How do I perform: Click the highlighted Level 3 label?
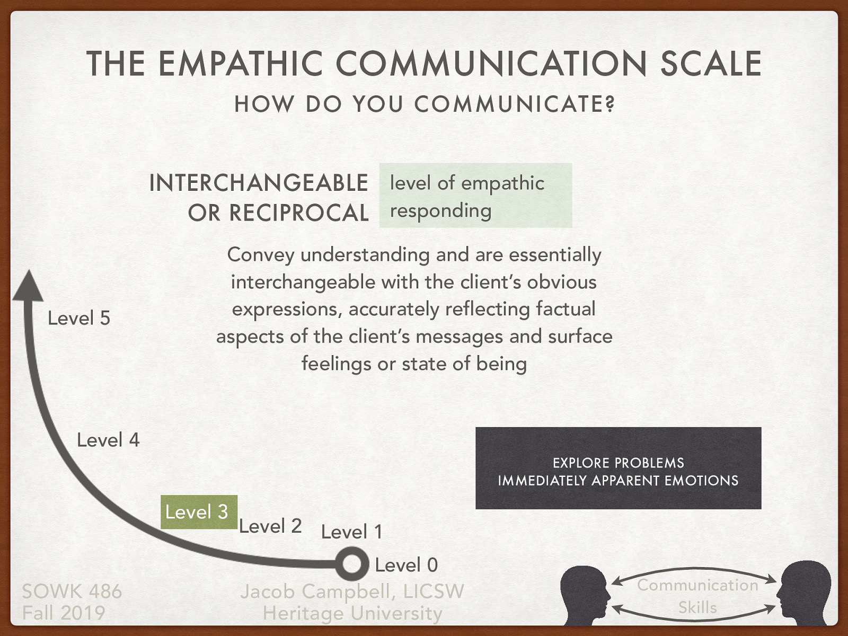coord(197,512)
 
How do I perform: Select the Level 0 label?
coord(406,565)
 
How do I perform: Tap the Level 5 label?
coord(79,318)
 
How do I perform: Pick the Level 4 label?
coord(108,440)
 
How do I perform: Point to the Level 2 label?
coord(270,526)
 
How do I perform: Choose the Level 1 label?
coord(351,532)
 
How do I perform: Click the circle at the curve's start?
coord(351,564)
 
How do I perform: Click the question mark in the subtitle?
coord(611,104)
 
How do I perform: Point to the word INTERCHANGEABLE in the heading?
coord(259,183)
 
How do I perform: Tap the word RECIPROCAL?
coord(299,213)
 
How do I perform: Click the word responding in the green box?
coord(441,211)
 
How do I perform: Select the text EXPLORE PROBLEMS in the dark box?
coord(618,463)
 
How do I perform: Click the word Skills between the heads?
coord(697,607)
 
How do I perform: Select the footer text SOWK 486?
coord(72,591)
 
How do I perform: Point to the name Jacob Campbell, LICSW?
coord(352,591)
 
